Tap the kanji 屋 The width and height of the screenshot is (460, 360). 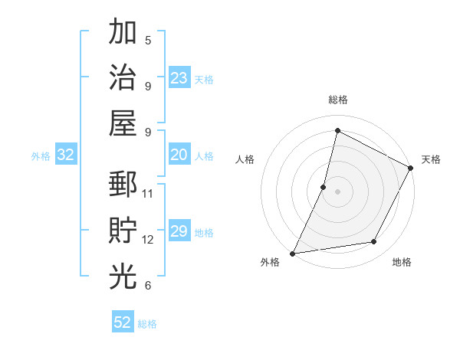(x=123, y=123)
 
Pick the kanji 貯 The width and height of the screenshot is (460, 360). (x=123, y=231)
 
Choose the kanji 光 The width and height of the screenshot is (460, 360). (x=123, y=277)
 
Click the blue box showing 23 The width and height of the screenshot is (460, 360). (x=179, y=77)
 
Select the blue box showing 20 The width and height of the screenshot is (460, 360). (x=179, y=155)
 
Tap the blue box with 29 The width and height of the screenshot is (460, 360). (x=179, y=232)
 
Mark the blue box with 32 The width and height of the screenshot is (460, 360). (x=66, y=155)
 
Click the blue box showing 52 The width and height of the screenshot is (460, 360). (x=123, y=322)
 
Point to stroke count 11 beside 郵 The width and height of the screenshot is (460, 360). (x=148, y=193)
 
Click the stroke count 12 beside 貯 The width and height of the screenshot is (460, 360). (x=148, y=239)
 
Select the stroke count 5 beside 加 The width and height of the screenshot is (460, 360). (x=148, y=40)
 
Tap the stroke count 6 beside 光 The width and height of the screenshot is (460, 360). (x=148, y=285)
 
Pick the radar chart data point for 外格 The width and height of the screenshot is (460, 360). (x=292, y=253)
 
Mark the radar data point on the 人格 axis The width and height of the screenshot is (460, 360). (x=324, y=187)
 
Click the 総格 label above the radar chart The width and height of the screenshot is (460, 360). (x=337, y=100)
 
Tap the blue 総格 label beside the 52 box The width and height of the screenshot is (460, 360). (x=147, y=324)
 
